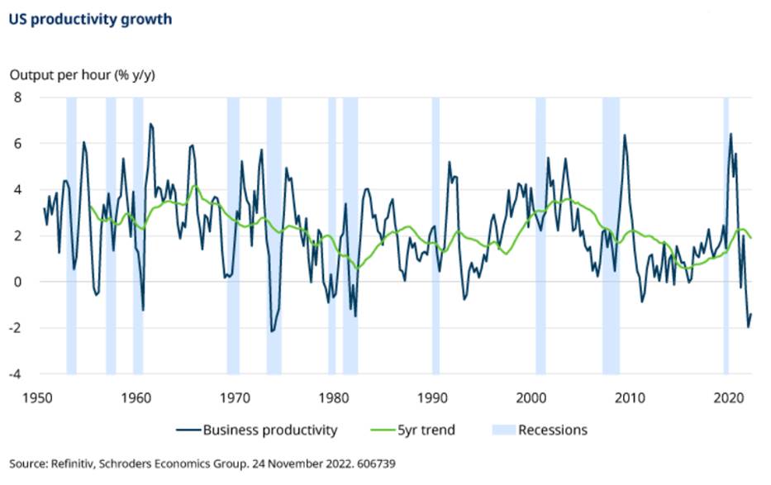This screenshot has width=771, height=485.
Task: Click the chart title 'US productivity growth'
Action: click(90, 19)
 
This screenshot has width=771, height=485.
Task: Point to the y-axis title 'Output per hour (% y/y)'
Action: click(82, 75)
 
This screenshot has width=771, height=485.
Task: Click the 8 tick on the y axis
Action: click(16, 97)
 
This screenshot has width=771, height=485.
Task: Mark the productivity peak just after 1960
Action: click(150, 124)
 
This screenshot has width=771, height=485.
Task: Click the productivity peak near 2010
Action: click(625, 135)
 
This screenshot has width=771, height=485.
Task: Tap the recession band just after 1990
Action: click(435, 235)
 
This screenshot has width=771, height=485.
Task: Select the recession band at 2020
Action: click(726, 235)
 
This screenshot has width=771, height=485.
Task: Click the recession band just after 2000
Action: click(540, 235)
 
